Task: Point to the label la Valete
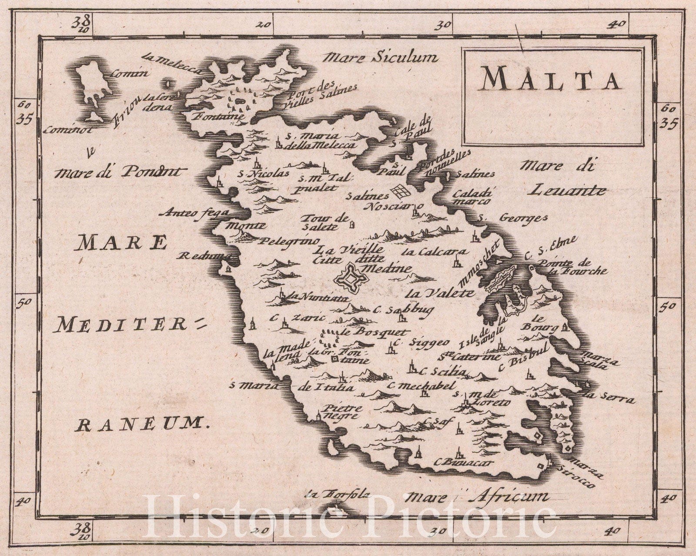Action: click(x=440, y=293)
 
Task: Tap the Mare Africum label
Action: click(x=477, y=496)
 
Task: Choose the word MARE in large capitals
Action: click(x=121, y=242)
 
